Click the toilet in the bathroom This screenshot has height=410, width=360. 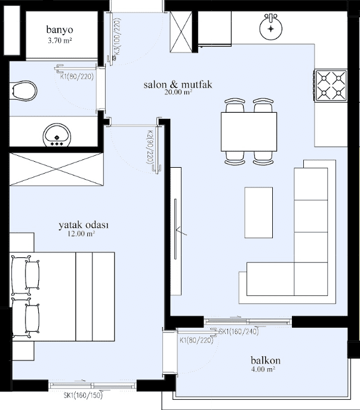tap(23, 91)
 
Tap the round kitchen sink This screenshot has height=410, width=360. tap(271, 27)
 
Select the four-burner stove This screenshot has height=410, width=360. tap(331, 85)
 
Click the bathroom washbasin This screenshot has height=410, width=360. tap(57, 135)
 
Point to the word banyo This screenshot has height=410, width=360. tap(60, 30)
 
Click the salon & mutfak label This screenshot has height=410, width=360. tap(178, 85)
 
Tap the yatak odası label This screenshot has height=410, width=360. tap(84, 225)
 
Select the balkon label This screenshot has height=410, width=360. tap(265, 360)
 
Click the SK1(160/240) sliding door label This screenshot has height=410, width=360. tap(239, 332)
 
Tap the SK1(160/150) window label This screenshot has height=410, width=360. tap(83, 395)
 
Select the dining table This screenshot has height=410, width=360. tap(249, 132)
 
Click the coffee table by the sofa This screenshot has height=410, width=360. tap(259, 212)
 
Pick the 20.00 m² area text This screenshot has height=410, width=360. tap(178, 92)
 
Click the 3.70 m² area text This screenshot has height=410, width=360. tap(60, 41)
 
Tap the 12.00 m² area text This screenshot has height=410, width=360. tap(81, 233)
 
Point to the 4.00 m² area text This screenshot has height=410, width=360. tap(263, 369)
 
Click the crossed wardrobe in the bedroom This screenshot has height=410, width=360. tap(56, 169)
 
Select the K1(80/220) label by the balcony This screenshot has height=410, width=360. tap(196, 340)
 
